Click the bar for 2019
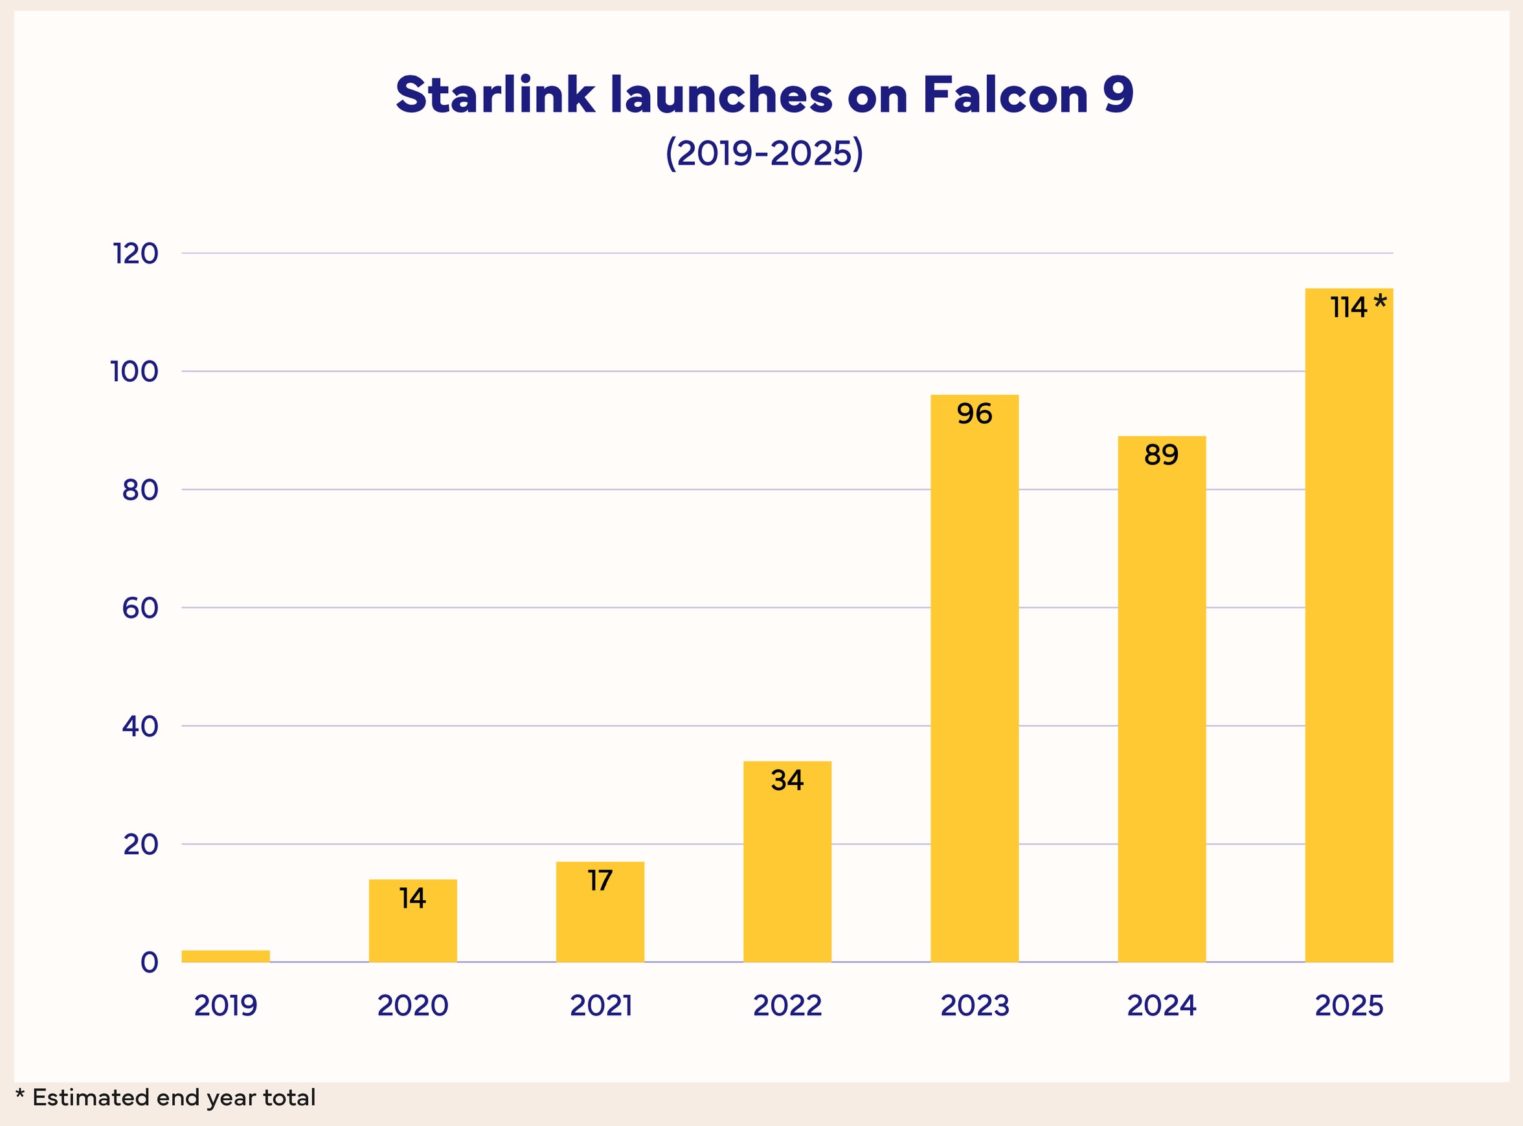coord(225,956)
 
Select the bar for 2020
coord(412,920)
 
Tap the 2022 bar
coord(787,861)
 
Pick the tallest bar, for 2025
coord(1349,625)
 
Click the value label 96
coord(974,414)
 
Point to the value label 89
coord(1162,455)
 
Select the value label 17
coord(600,881)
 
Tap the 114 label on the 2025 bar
coord(1348,307)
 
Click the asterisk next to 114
coord(1380,302)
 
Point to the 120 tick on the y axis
coord(136,254)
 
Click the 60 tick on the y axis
coord(140,608)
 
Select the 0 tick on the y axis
coord(150,962)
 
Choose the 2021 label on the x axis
coord(601,1006)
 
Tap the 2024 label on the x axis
coord(1162,1006)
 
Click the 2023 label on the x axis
coord(975,1006)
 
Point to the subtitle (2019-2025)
coord(764,153)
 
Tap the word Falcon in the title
coord(1006,94)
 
